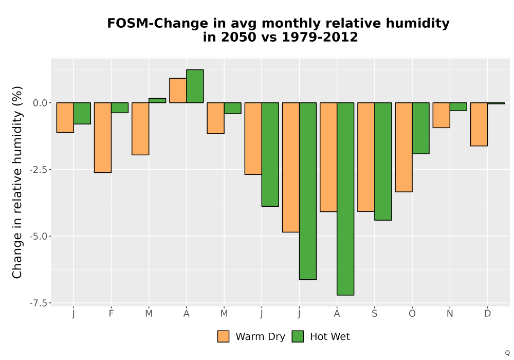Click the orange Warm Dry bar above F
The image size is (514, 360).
103,137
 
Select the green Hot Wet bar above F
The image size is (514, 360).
120,107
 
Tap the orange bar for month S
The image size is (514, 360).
366,157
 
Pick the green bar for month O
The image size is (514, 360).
420,128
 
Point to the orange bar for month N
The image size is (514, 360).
441,115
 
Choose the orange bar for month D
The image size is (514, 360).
479,124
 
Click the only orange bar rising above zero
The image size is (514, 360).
178,91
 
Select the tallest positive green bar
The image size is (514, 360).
195,86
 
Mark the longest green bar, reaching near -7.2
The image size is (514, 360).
345,199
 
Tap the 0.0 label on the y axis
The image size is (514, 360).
40,103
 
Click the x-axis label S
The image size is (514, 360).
374,314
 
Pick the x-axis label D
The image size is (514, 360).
487,314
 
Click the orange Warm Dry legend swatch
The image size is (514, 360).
223,337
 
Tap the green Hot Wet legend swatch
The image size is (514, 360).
298,337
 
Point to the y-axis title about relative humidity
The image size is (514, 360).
17,182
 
